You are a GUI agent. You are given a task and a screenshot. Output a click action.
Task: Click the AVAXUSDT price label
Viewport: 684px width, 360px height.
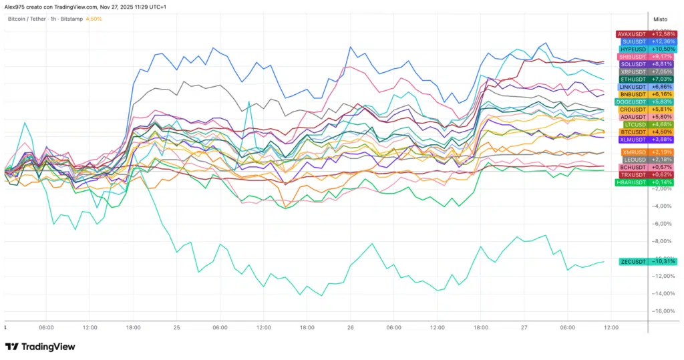coord(645,34)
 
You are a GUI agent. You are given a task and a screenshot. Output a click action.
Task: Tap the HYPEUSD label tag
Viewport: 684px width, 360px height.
coord(645,49)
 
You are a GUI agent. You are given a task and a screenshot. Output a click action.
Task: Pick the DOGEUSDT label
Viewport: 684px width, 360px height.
coord(645,102)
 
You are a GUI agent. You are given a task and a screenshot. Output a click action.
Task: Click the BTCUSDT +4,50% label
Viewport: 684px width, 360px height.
coord(645,132)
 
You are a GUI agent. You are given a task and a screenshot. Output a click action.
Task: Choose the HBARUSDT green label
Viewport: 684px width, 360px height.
coord(645,182)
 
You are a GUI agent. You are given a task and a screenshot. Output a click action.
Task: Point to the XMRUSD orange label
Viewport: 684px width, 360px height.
coord(645,152)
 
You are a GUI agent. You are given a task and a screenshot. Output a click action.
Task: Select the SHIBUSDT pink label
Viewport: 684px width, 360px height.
coord(645,57)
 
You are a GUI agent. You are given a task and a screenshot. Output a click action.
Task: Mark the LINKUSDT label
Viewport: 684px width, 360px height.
coord(645,87)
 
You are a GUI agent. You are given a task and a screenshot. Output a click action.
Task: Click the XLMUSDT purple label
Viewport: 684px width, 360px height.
coord(645,140)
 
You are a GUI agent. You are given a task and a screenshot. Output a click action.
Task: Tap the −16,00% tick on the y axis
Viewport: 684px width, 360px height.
coord(662,311)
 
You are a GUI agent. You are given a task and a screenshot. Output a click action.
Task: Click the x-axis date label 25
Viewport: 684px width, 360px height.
coord(177,328)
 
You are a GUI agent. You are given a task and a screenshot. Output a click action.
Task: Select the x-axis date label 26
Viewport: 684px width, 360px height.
coord(350,328)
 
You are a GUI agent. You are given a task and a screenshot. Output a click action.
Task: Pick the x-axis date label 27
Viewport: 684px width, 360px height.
coord(524,328)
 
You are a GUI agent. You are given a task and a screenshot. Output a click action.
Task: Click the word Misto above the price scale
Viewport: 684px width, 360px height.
coord(661,19)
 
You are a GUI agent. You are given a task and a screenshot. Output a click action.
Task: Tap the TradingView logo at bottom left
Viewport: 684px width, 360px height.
coord(40,347)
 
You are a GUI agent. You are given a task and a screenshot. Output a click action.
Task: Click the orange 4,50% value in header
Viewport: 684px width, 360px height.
coord(94,19)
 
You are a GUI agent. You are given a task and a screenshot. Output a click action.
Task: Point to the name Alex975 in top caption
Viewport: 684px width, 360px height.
coord(16,6)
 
